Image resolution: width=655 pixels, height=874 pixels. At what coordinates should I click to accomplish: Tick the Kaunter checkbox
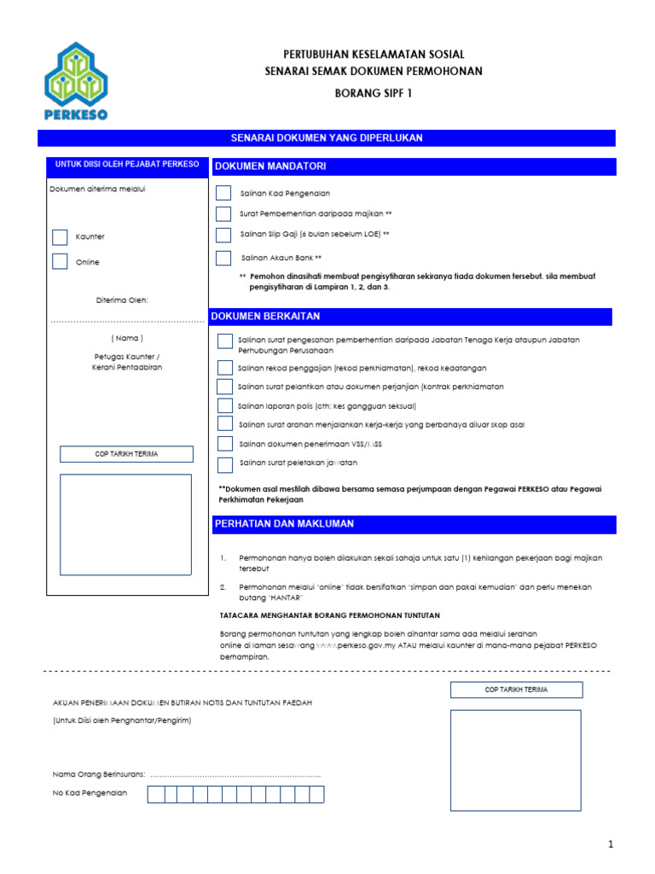[x=60, y=236]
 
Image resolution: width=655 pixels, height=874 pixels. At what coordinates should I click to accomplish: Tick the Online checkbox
[x=60, y=262]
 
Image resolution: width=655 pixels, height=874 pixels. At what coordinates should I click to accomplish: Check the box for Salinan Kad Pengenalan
[x=223, y=194]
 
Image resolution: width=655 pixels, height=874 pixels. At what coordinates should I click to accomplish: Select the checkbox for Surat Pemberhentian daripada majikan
[x=223, y=213]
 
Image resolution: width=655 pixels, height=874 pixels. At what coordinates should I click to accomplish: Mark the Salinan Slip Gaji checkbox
[x=223, y=235]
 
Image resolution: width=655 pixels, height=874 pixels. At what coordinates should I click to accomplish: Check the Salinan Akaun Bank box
[x=223, y=258]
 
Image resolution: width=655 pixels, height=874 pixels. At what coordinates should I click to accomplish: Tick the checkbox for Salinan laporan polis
[x=224, y=405]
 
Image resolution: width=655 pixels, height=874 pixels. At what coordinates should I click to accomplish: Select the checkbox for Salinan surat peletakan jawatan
[x=224, y=464]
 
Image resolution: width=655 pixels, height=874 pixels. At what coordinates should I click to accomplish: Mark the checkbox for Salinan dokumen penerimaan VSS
[x=224, y=444]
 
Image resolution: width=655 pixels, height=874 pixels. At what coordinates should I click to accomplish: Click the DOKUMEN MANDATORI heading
[x=270, y=166]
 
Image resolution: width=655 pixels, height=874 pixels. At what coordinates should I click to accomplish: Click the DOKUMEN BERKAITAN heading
[x=267, y=317]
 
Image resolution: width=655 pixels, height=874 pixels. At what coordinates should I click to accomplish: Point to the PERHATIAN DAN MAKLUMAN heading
[x=284, y=524]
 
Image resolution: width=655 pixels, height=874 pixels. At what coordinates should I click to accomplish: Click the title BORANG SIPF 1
[x=373, y=93]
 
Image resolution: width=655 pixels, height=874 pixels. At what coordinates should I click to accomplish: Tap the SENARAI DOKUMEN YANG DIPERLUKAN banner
[x=327, y=138]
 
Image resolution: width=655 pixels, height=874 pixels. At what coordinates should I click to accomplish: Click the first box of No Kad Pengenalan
[x=155, y=795]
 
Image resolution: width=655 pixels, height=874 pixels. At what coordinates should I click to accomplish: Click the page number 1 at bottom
[x=611, y=845]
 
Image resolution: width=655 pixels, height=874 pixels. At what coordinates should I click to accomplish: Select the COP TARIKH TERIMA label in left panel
[x=126, y=454]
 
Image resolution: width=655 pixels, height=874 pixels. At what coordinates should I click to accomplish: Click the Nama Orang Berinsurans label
[x=99, y=774]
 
